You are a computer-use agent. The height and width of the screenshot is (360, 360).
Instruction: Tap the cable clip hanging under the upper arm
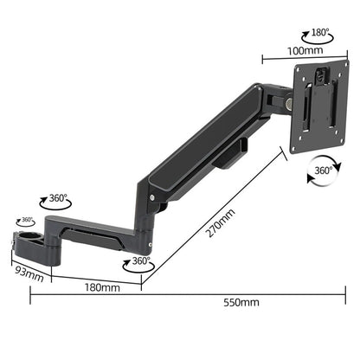[231, 156]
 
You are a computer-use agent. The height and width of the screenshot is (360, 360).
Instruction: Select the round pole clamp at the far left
[23, 236]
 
